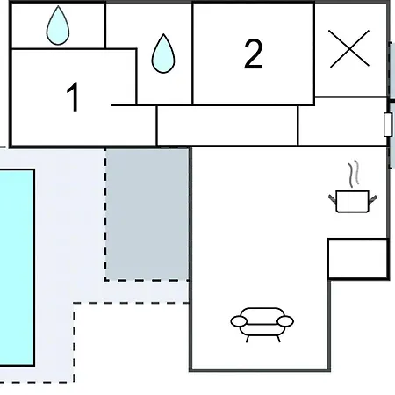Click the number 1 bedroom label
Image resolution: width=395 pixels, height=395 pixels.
(x=73, y=97)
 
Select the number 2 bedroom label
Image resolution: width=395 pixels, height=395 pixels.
(x=254, y=54)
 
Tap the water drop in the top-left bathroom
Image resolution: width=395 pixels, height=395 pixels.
(x=58, y=25)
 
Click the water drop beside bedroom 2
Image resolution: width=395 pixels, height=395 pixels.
(x=163, y=54)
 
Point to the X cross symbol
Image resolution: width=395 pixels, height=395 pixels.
(x=349, y=48)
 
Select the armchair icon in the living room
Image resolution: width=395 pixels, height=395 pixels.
(x=262, y=325)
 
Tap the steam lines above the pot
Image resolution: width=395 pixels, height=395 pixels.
(x=354, y=174)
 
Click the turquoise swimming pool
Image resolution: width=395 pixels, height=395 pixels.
(x=17, y=268)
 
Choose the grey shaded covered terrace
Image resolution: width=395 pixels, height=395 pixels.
(x=147, y=214)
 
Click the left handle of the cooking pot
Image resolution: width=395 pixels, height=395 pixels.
(x=333, y=198)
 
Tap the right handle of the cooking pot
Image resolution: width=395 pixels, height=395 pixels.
(x=373, y=199)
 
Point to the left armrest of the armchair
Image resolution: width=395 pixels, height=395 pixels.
(x=239, y=321)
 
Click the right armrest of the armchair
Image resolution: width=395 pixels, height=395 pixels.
(x=285, y=321)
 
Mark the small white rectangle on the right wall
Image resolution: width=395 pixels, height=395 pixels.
(x=388, y=125)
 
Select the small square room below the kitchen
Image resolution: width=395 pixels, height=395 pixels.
(x=358, y=259)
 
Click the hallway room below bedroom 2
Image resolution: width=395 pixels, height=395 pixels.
(x=227, y=126)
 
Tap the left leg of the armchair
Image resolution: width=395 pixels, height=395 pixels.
(x=248, y=339)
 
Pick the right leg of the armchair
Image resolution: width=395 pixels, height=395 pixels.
(x=278, y=339)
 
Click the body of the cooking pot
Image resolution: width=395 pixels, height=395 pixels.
(x=353, y=202)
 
